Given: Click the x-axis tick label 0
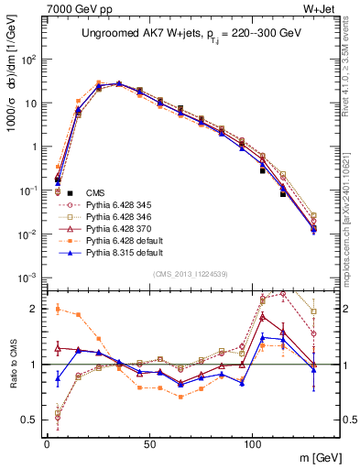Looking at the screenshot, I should tap(46, 442).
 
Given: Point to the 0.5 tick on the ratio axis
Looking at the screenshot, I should tap(29, 420).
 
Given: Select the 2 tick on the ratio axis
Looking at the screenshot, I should tap(34, 309).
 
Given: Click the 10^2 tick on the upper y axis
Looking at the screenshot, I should tap(27, 60).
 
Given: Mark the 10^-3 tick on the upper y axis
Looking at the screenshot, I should tap(27, 278).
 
